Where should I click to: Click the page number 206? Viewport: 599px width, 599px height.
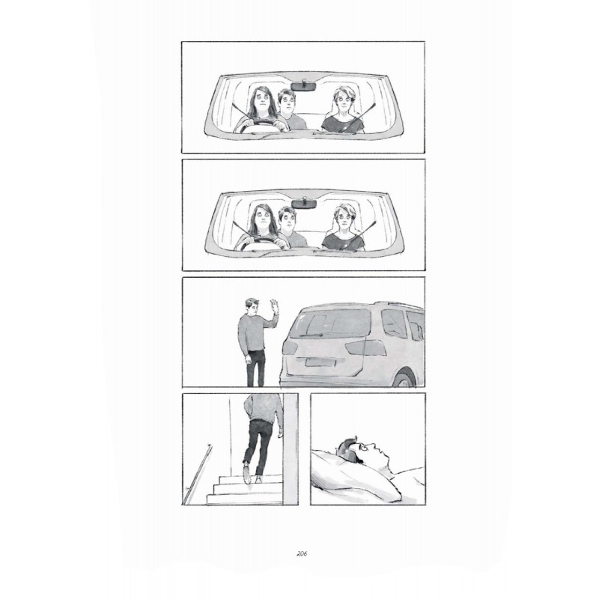click(x=302, y=553)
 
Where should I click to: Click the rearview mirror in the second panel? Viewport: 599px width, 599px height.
click(x=304, y=204)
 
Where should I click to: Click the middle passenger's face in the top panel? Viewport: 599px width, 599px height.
click(x=288, y=102)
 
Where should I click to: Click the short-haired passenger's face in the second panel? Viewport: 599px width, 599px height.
click(x=345, y=219)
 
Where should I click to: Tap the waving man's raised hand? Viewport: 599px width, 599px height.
click(x=274, y=306)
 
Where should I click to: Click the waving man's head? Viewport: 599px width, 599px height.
click(x=252, y=305)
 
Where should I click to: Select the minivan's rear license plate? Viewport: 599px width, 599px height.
click(x=320, y=362)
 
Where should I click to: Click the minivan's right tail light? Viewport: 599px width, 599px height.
click(x=365, y=347)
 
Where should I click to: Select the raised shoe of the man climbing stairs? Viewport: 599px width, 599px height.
click(x=246, y=473)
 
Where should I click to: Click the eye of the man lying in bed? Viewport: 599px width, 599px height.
click(x=365, y=446)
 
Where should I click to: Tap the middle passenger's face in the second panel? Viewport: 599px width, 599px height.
click(x=288, y=219)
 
